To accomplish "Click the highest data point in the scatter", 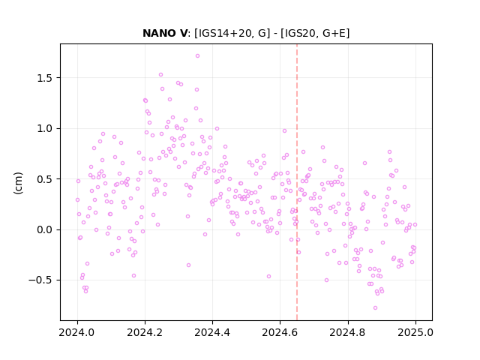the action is (x=197, y=55).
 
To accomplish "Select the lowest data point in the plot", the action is (x=375, y=307).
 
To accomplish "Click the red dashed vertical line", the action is (x=297, y=182).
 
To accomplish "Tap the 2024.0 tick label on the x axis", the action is (x=77, y=332).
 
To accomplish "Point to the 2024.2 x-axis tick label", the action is (x=145, y=332).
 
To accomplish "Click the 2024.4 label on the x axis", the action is (x=212, y=332).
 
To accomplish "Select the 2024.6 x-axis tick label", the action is (x=280, y=332).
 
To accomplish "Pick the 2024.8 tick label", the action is (x=347, y=332).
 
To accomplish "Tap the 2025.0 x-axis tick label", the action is (x=415, y=332).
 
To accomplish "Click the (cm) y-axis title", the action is (x=18, y=183).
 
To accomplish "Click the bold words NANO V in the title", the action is (x=165, y=33).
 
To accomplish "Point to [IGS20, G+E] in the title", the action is (x=315, y=33).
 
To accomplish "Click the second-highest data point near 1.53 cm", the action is (x=160, y=74).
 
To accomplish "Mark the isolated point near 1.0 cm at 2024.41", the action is (x=217, y=128).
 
